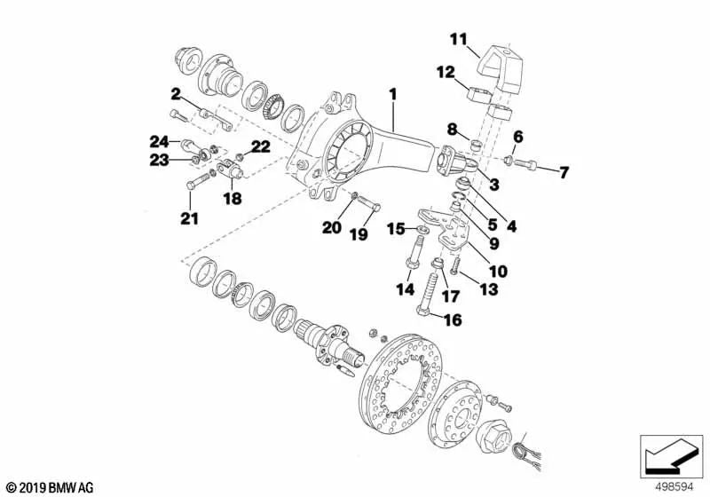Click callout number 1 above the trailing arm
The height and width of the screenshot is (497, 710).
(391, 92)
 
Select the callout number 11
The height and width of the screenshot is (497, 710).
(457, 38)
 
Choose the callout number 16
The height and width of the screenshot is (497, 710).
(453, 319)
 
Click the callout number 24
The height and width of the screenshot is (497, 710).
(159, 141)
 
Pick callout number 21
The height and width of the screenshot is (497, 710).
(189, 217)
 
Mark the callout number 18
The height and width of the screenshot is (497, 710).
(232, 200)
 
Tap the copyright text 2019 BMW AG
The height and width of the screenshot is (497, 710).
(49, 487)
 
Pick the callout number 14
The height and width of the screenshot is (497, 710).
(404, 288)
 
